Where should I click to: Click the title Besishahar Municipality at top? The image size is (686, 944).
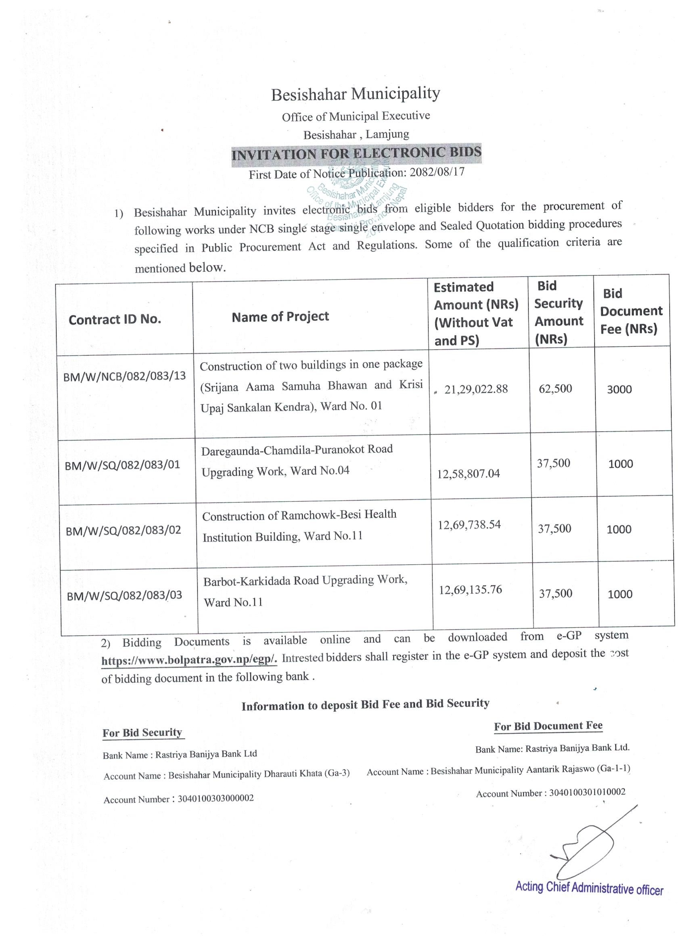pyautogui.click(x=355, y=94)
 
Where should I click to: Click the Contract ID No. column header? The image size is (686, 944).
pyautogui.click(x=115, y=319)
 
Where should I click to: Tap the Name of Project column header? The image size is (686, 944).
pyautogui.click(x=280, y=317)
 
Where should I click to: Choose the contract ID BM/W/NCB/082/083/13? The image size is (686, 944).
pyautogui.click(x=124, y=377)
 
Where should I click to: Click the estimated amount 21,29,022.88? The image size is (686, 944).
pyautogui.click(x=476, y=389)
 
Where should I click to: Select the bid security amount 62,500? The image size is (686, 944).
pyautogui.click(x=555, y=388)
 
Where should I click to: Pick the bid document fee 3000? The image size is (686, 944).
pyautogui.click(x=619, y=390)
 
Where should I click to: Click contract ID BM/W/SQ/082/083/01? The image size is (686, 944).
pyautogui.click(x=122, y=464)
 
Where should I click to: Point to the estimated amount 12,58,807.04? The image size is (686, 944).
pyautogui.click(x=468, y=473)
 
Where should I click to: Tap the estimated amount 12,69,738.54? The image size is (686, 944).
pyautogui.click(x=469, y=524)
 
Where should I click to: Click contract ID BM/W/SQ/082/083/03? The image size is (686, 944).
pyautogui.click(x=124, y=595)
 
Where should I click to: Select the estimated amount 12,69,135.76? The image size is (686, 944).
pyautogui.click(x=470, y=590)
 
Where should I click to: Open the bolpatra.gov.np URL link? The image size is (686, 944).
pyautogui.click(x=189, y=660)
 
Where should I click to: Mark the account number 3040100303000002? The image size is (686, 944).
pyautogui.click(x=215, y=798)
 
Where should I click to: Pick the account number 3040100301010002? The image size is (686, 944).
pyautogui.click(x=587, y=792)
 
